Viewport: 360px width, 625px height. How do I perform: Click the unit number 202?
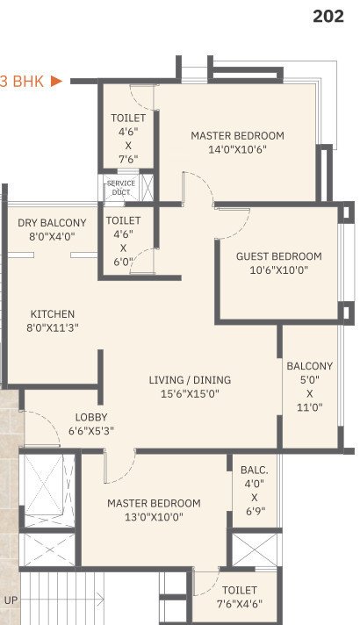point(328,17)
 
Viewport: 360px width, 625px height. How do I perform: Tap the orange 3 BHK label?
point(22,81)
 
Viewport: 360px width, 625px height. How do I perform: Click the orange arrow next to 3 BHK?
point(57,81)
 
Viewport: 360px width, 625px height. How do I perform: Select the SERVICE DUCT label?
point(120,188)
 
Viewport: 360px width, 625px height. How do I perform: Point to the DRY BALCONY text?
point(52,223)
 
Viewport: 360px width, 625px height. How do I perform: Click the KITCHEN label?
point(53,314)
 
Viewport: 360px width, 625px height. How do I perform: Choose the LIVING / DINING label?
point(190,380)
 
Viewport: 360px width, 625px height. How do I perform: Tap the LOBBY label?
point(90,418)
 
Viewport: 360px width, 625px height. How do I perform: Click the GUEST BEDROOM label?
point(278,256)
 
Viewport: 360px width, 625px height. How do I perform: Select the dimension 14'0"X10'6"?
point(237,149)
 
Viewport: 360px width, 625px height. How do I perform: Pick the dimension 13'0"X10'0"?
point(154,517)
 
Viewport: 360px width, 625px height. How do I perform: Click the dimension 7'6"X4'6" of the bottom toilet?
point(239,604)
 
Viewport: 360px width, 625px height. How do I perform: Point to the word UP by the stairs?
point(11,599)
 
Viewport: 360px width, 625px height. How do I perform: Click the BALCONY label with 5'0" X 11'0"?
point(309,366)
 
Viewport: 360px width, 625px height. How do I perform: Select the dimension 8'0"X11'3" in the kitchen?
point(53,328)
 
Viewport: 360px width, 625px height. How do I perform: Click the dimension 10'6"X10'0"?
point(278,270)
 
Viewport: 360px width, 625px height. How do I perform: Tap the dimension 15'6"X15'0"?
point(190,394)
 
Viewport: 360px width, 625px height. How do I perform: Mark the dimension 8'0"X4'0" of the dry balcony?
point(52,237)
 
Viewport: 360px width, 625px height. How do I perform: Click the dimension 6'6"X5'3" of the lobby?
point(90,431)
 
